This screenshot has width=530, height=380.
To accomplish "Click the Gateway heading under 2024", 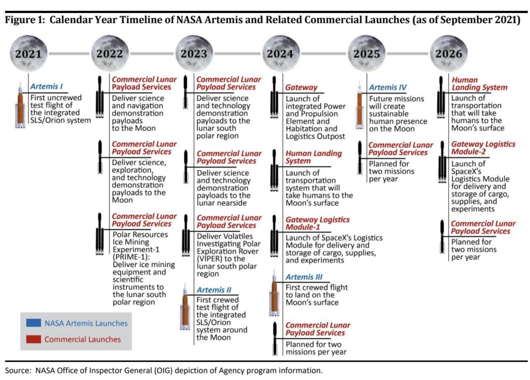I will pyautogui.click(x=301, y=87).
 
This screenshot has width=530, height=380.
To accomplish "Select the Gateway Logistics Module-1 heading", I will pyautogui.click(x=317, y=224).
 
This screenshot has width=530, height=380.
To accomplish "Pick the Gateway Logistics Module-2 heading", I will pyautogui.click(x=483, y=148).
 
